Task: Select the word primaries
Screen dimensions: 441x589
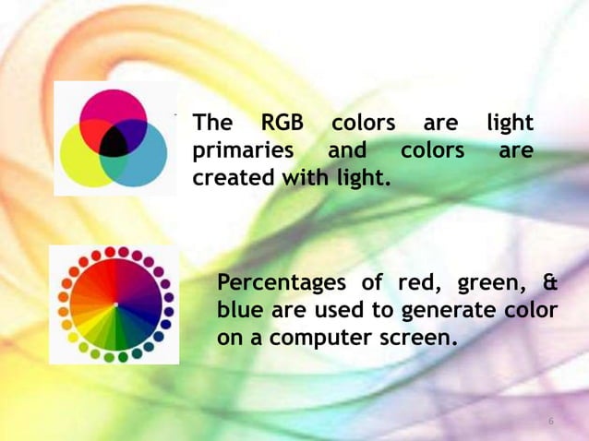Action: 243,149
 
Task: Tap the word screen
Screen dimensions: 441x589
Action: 420,337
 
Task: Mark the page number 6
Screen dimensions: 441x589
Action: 551,422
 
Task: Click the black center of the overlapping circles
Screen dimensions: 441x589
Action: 114,141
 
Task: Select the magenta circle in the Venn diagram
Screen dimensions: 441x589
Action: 112,108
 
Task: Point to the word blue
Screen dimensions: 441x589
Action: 238,309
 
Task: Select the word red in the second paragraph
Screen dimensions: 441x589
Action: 413,282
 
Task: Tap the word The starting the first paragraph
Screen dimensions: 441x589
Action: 212,123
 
